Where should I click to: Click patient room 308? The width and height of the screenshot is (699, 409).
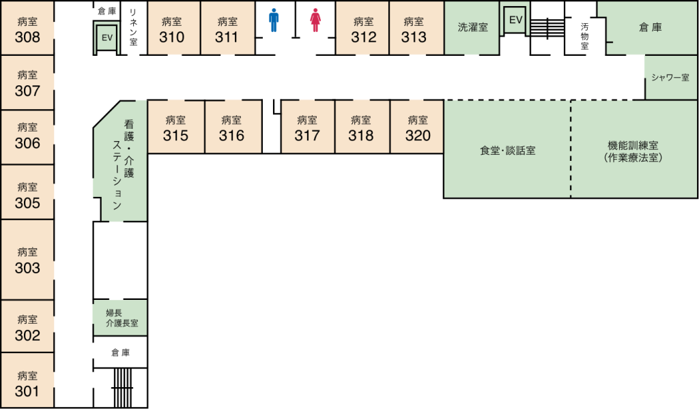tap(27, 29)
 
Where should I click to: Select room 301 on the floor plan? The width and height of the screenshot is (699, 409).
tap(27, 382)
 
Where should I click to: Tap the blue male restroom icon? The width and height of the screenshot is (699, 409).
tap(274, 20)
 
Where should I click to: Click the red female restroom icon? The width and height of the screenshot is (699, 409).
tap(315, 20)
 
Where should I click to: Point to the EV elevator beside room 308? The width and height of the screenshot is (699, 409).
tap(106, 38)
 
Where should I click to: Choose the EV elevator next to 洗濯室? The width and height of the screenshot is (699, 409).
tap(515, 20)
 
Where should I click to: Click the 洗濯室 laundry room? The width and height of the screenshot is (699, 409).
tap(472, 28)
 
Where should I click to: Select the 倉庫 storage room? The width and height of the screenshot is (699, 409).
tap(650, 27)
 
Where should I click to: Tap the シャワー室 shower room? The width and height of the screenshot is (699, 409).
tap(670, 78)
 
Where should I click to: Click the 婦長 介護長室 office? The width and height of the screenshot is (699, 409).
tap(121, 318)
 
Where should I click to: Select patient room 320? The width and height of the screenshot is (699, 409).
tap(417, 127)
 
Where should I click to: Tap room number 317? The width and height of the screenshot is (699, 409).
tap(307, 136)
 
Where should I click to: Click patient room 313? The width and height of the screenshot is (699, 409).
tap(414, 29)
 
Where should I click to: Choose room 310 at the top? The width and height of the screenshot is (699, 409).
tap(172, 29)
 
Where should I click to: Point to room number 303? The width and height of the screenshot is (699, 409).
tap(27, 268)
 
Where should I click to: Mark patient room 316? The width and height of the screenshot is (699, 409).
tap(232, 127)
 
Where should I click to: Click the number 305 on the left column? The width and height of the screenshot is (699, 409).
tap(27, 203)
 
